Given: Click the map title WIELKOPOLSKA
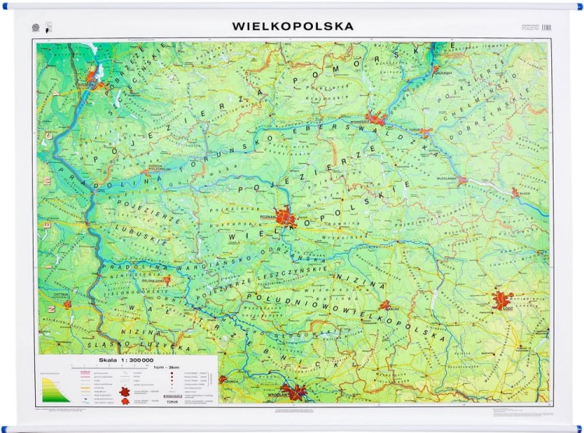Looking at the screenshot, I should [293, 26].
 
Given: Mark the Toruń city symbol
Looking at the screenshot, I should [424, 133].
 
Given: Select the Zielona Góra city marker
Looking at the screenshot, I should [167, 279].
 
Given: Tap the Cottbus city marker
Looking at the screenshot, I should [68, 304].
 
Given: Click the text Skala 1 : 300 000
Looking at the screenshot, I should [113, 360].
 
